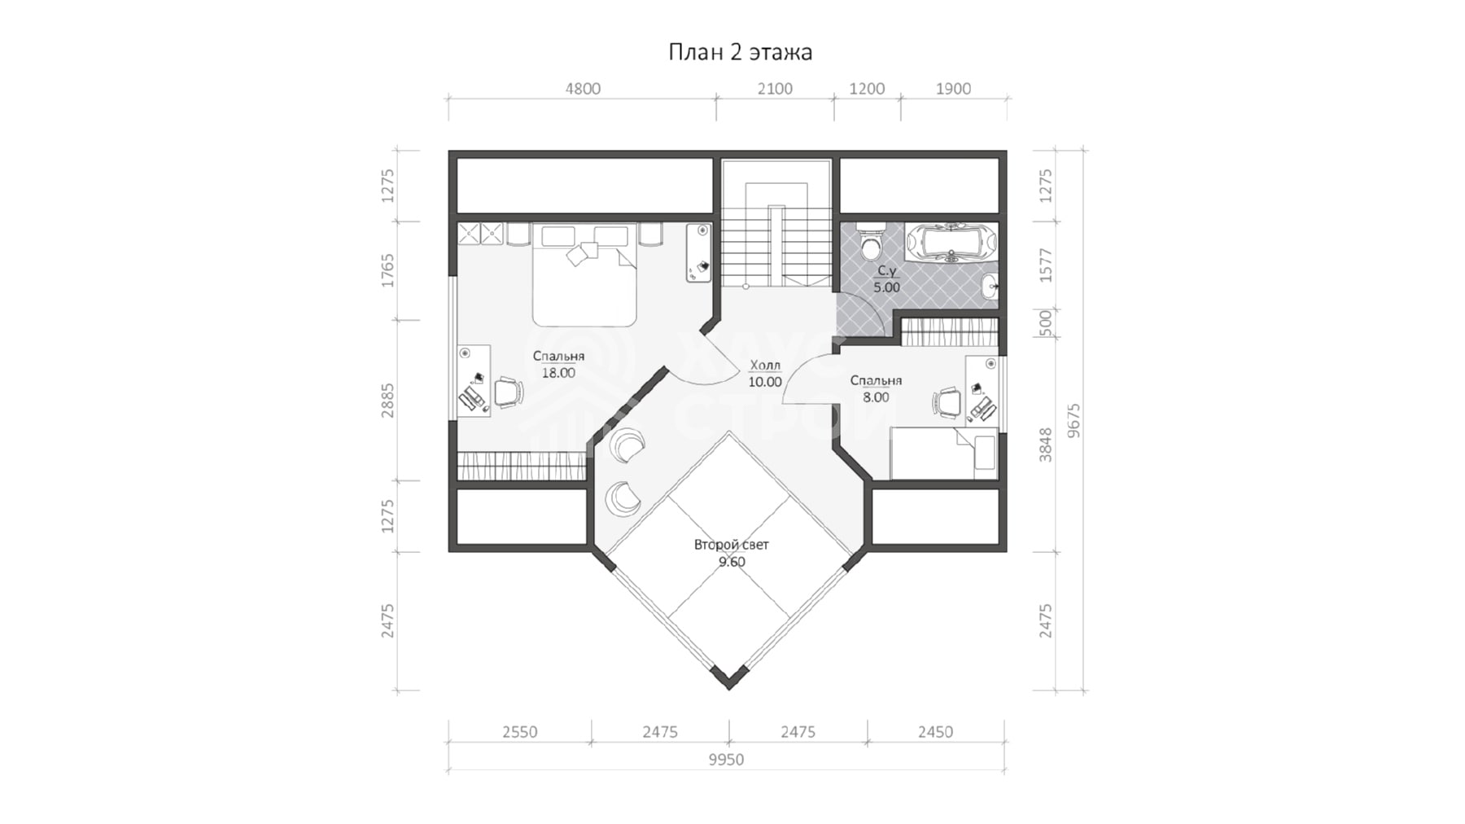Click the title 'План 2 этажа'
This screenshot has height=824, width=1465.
(x=740, y=52)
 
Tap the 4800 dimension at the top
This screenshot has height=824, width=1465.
(x=583, y=89)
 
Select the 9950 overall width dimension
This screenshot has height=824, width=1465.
(x=726, y=760)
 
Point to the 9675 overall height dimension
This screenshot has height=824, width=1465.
(x=1074, y=421)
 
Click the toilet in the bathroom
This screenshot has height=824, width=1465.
(x=870, y=241)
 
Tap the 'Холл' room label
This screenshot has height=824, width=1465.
(x=765, y=365)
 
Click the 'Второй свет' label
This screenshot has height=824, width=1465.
(x=731, y=545)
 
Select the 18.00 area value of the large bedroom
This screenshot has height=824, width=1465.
(x=558, y=373)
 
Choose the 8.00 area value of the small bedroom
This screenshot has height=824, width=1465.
(x=876, y=397)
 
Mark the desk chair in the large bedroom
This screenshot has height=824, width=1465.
(x=509, y=392)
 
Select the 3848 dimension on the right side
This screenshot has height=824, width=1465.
(x=1046, y=445)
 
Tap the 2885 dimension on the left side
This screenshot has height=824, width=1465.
(x=387, y=401)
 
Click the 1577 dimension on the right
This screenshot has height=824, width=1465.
(x=1046, y=265)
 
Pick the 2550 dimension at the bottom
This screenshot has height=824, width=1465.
(x=519, y=732)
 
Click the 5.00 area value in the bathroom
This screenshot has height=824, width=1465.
(x=886, y=287)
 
